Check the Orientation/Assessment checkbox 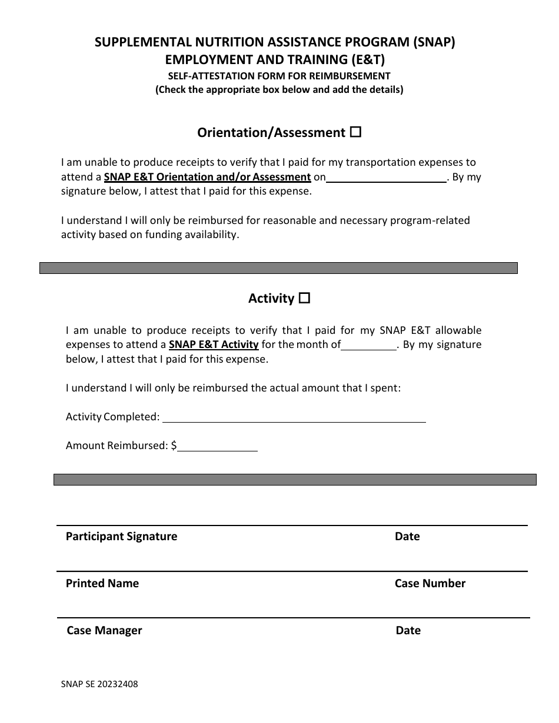pos(355,132)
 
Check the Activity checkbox pos(304,298)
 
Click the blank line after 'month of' pos(369,346)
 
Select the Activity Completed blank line pos(294,418)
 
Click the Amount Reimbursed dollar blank pos(217,447)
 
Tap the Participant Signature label pos(121,536)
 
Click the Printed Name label pos(102,583)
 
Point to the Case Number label pos(430,583)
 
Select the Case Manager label pos(104,630)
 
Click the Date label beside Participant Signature pos(407,536)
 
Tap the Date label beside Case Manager pos(408,630)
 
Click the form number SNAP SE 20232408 pos(99,684)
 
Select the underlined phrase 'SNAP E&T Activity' pos(214,344)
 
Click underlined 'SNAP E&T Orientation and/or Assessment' pos(207,176)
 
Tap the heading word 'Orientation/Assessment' pos(271,133)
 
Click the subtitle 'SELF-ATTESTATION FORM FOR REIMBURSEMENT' pos(279,75)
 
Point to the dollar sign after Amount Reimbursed pos(174,446)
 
